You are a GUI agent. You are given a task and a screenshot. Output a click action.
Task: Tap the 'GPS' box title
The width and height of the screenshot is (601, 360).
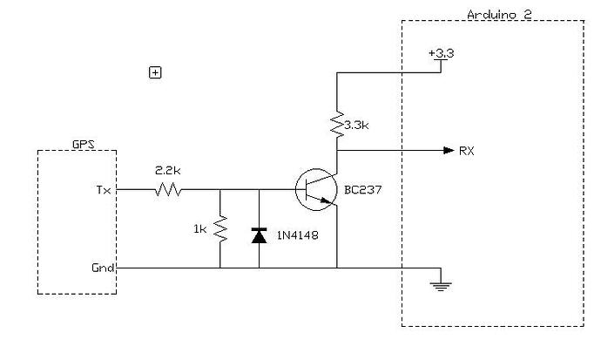84,144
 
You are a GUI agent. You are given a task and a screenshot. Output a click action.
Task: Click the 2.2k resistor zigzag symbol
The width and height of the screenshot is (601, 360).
168,189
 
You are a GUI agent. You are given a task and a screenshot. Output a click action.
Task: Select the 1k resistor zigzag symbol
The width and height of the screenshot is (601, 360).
220,228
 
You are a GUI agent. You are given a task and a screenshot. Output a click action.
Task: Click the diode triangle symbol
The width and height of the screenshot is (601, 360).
259,234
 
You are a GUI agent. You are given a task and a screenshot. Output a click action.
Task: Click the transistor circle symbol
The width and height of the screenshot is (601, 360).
315,189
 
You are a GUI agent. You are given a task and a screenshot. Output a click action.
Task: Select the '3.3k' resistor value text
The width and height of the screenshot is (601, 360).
358,126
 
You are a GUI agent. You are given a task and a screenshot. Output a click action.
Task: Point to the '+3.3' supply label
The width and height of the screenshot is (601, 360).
442,53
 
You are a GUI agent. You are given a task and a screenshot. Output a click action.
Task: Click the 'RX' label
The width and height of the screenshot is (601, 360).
467,150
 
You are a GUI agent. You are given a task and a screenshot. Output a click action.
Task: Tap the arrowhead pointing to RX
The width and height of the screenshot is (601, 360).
447,150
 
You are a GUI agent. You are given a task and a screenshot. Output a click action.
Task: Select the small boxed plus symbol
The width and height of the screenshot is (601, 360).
155,72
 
